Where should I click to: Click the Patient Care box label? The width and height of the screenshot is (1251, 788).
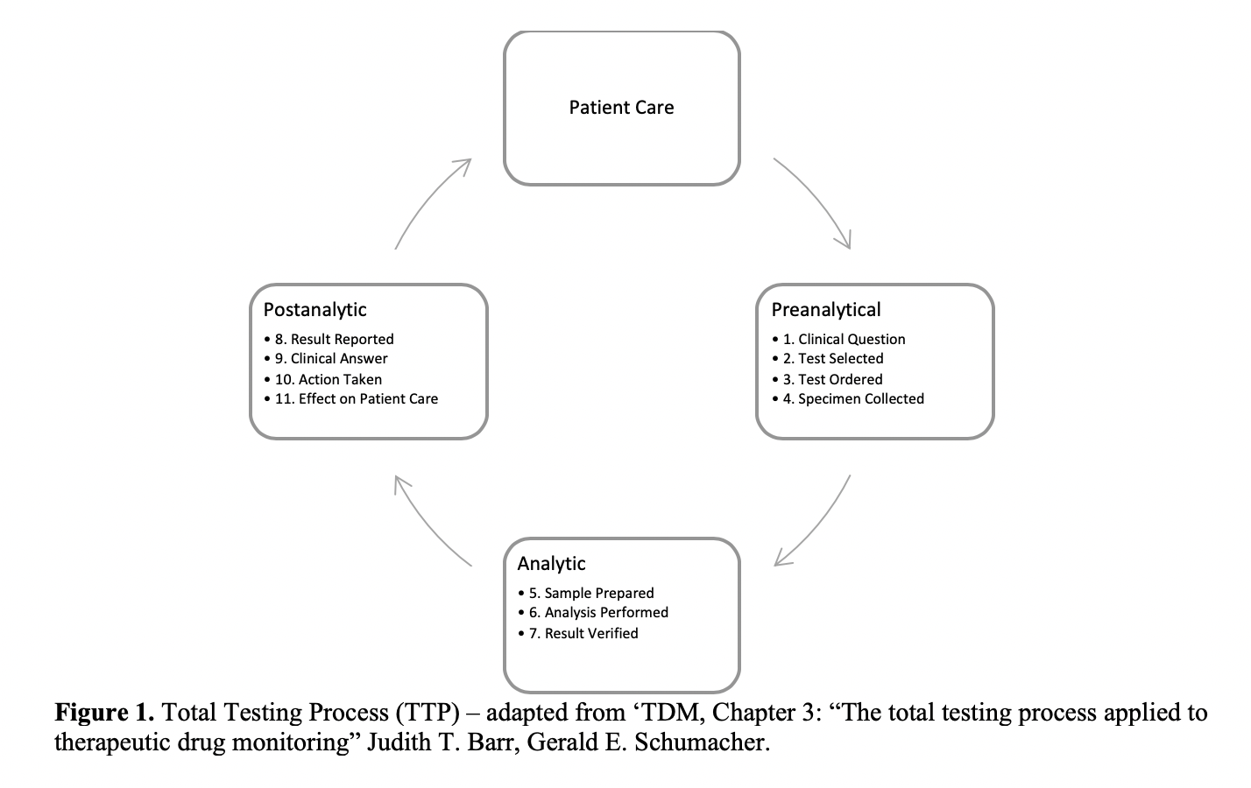622,107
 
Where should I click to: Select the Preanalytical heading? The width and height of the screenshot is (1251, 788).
826,310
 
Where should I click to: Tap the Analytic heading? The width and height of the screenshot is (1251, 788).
551,564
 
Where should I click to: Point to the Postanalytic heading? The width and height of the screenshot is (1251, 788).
315,310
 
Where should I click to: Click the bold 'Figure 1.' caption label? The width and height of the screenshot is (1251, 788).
104,713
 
